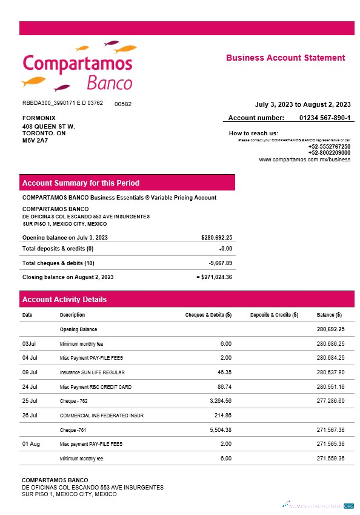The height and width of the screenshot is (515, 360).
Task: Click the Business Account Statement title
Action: coord(285,58)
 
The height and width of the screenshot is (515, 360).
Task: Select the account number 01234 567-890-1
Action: coord(324,118)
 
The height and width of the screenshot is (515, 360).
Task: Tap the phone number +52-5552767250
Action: coord(329,147)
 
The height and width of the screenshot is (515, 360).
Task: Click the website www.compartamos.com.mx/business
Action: coord(304,160)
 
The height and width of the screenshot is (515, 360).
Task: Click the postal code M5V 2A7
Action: coord(35,140)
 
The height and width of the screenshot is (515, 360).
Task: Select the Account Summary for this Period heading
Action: coord(81,183)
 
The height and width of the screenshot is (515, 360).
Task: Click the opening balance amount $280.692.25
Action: coord(216,238)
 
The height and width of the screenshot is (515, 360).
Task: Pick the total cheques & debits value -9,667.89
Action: coord(220,263)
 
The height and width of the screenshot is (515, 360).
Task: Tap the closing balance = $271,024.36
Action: coord(215,277)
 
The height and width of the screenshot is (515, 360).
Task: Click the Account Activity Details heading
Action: coord(64,300)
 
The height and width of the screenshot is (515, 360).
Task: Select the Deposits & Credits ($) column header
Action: coord(274,315)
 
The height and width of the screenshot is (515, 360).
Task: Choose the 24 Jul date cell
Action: coord(30,387)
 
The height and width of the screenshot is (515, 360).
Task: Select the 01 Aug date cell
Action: coord(31,445)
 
